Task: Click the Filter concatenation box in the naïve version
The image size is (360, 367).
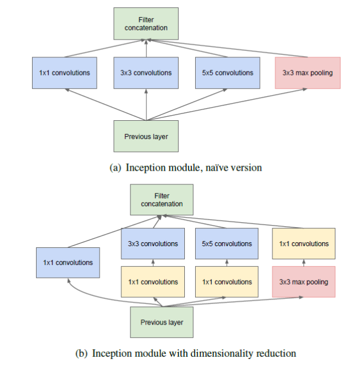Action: [147, 24]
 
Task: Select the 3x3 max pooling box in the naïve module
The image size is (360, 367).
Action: [308, 73]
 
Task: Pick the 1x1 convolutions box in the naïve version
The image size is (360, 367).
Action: [65, 73]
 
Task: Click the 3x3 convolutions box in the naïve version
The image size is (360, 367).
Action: [146, 73]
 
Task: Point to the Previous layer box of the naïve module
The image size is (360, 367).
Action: [146, 136]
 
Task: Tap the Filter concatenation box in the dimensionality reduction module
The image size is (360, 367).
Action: [162, 200]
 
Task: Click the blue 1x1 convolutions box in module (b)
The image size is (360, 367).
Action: [68, 263]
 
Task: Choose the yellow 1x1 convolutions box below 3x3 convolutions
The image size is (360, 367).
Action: [153, 282]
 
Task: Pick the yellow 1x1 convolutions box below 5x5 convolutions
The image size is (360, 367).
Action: [228, 282]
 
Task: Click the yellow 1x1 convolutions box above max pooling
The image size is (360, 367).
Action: [303, 244]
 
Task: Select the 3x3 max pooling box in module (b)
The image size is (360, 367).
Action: [303, 282]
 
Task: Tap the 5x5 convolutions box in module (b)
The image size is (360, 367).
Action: [228, 244]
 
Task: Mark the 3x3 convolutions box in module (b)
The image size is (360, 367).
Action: [153, 244]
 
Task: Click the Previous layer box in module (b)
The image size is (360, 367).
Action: [162, 322]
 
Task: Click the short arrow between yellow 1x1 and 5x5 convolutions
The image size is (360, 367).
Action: [228, 263]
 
